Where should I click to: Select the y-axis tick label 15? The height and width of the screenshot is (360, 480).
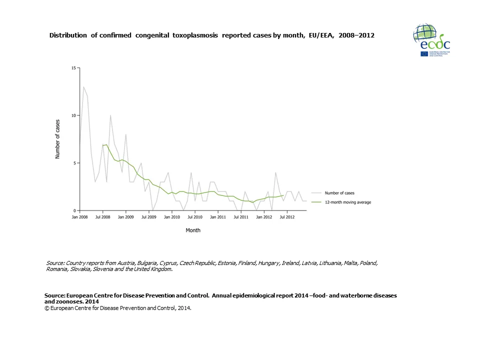(73, 67)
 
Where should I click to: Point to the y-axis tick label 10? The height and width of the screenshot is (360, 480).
(73, 115)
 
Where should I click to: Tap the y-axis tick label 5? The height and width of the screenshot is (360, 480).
(74, 163)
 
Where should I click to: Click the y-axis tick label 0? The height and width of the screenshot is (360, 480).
(74, 210)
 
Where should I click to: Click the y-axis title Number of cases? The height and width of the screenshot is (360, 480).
(57, 139)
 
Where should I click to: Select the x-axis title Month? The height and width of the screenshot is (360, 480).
(193, 230)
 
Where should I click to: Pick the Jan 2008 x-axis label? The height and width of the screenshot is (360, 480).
(80, 217)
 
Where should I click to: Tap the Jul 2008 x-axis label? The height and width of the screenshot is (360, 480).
(103, 217)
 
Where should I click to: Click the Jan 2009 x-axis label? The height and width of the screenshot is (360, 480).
(126, 217)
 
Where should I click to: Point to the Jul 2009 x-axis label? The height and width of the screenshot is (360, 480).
(149, 217)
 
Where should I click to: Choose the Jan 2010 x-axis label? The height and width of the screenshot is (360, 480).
(172, 217)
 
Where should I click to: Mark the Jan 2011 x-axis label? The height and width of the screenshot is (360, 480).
(218, 217)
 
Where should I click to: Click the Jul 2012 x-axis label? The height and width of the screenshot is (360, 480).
(286, 217)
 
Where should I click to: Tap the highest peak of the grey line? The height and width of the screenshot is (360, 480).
(83, 87)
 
